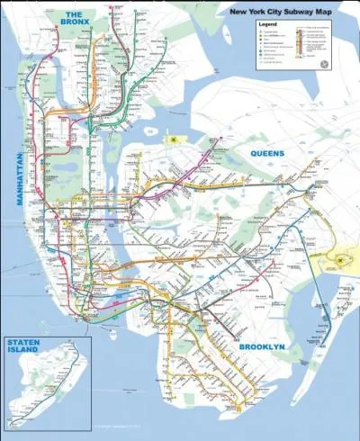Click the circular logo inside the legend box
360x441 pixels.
[324, 64]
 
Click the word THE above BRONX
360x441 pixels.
[75, 13]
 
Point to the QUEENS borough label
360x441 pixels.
[266, 154]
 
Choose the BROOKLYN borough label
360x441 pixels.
[263, 346]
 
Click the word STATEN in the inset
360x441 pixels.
[23, 342]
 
